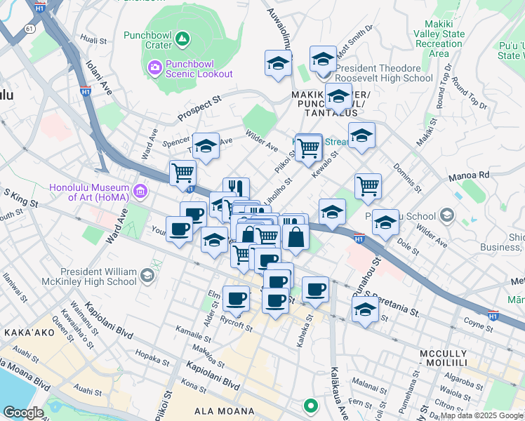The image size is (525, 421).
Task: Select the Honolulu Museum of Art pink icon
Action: (140, 190)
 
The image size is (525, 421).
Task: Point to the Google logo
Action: (22, 413)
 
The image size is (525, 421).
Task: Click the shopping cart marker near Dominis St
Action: (368, 186)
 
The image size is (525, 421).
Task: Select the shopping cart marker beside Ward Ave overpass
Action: (182, 171)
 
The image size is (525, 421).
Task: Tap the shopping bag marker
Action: (296, 236)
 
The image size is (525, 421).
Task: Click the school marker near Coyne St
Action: (365, 309)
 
